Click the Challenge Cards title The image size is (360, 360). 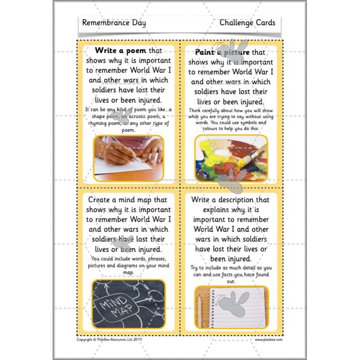pos(247,22)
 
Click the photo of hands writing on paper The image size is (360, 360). pos(129,157)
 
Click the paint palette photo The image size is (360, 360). pos(231,158)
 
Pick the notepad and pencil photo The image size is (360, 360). pos(231,307)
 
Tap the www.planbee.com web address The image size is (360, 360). pos(269,339)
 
